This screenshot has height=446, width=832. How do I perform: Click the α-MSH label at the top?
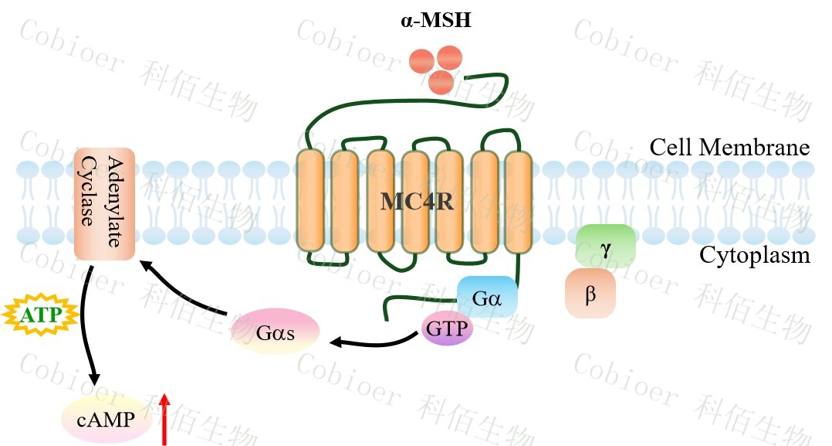tap(436, 21)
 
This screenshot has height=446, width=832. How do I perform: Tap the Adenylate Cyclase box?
tap(105, 204)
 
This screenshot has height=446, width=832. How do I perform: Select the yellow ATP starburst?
tap(41, 315)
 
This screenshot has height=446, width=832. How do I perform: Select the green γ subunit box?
tap(606, 245)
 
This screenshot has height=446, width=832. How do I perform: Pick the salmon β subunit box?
tap(590, 294)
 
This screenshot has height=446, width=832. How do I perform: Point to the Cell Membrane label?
tap(729, 147)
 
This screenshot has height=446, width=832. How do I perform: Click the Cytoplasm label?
tap(754, 255)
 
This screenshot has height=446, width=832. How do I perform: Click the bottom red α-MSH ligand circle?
tap(441, 80)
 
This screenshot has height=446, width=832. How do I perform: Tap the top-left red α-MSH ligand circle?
tap(422, 60)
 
